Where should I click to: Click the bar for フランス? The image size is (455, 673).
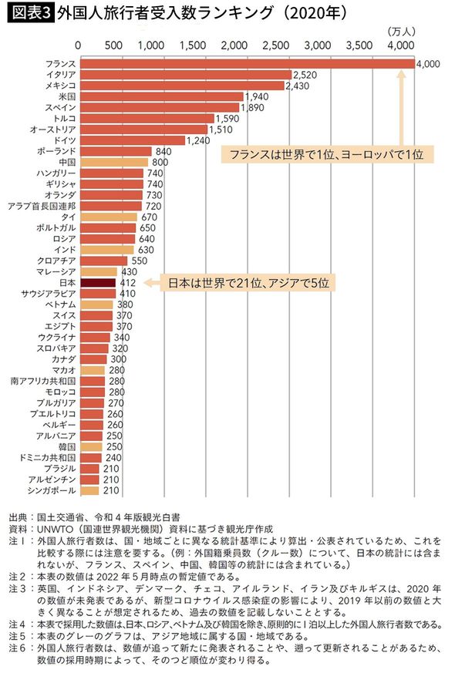click(x=247, y=64)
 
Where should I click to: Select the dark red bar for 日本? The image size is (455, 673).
click(x=97, y=283)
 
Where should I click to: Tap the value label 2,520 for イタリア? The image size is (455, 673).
click(x=305, y=75)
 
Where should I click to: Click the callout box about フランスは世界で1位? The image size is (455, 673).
click(x=326, y=154)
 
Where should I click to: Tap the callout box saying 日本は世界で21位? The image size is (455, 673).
click(x=248, y=283)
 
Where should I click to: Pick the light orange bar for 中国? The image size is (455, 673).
click(x=114, y=163)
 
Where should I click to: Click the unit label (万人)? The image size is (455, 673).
click(x=399, y=32)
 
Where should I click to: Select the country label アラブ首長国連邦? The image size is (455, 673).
click(x=40, y=206)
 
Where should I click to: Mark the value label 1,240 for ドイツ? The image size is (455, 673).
click(x=200, y=140)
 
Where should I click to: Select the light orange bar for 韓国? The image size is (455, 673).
click(x=90, y=446)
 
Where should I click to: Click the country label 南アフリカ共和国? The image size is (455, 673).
click(x=42, y=382)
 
